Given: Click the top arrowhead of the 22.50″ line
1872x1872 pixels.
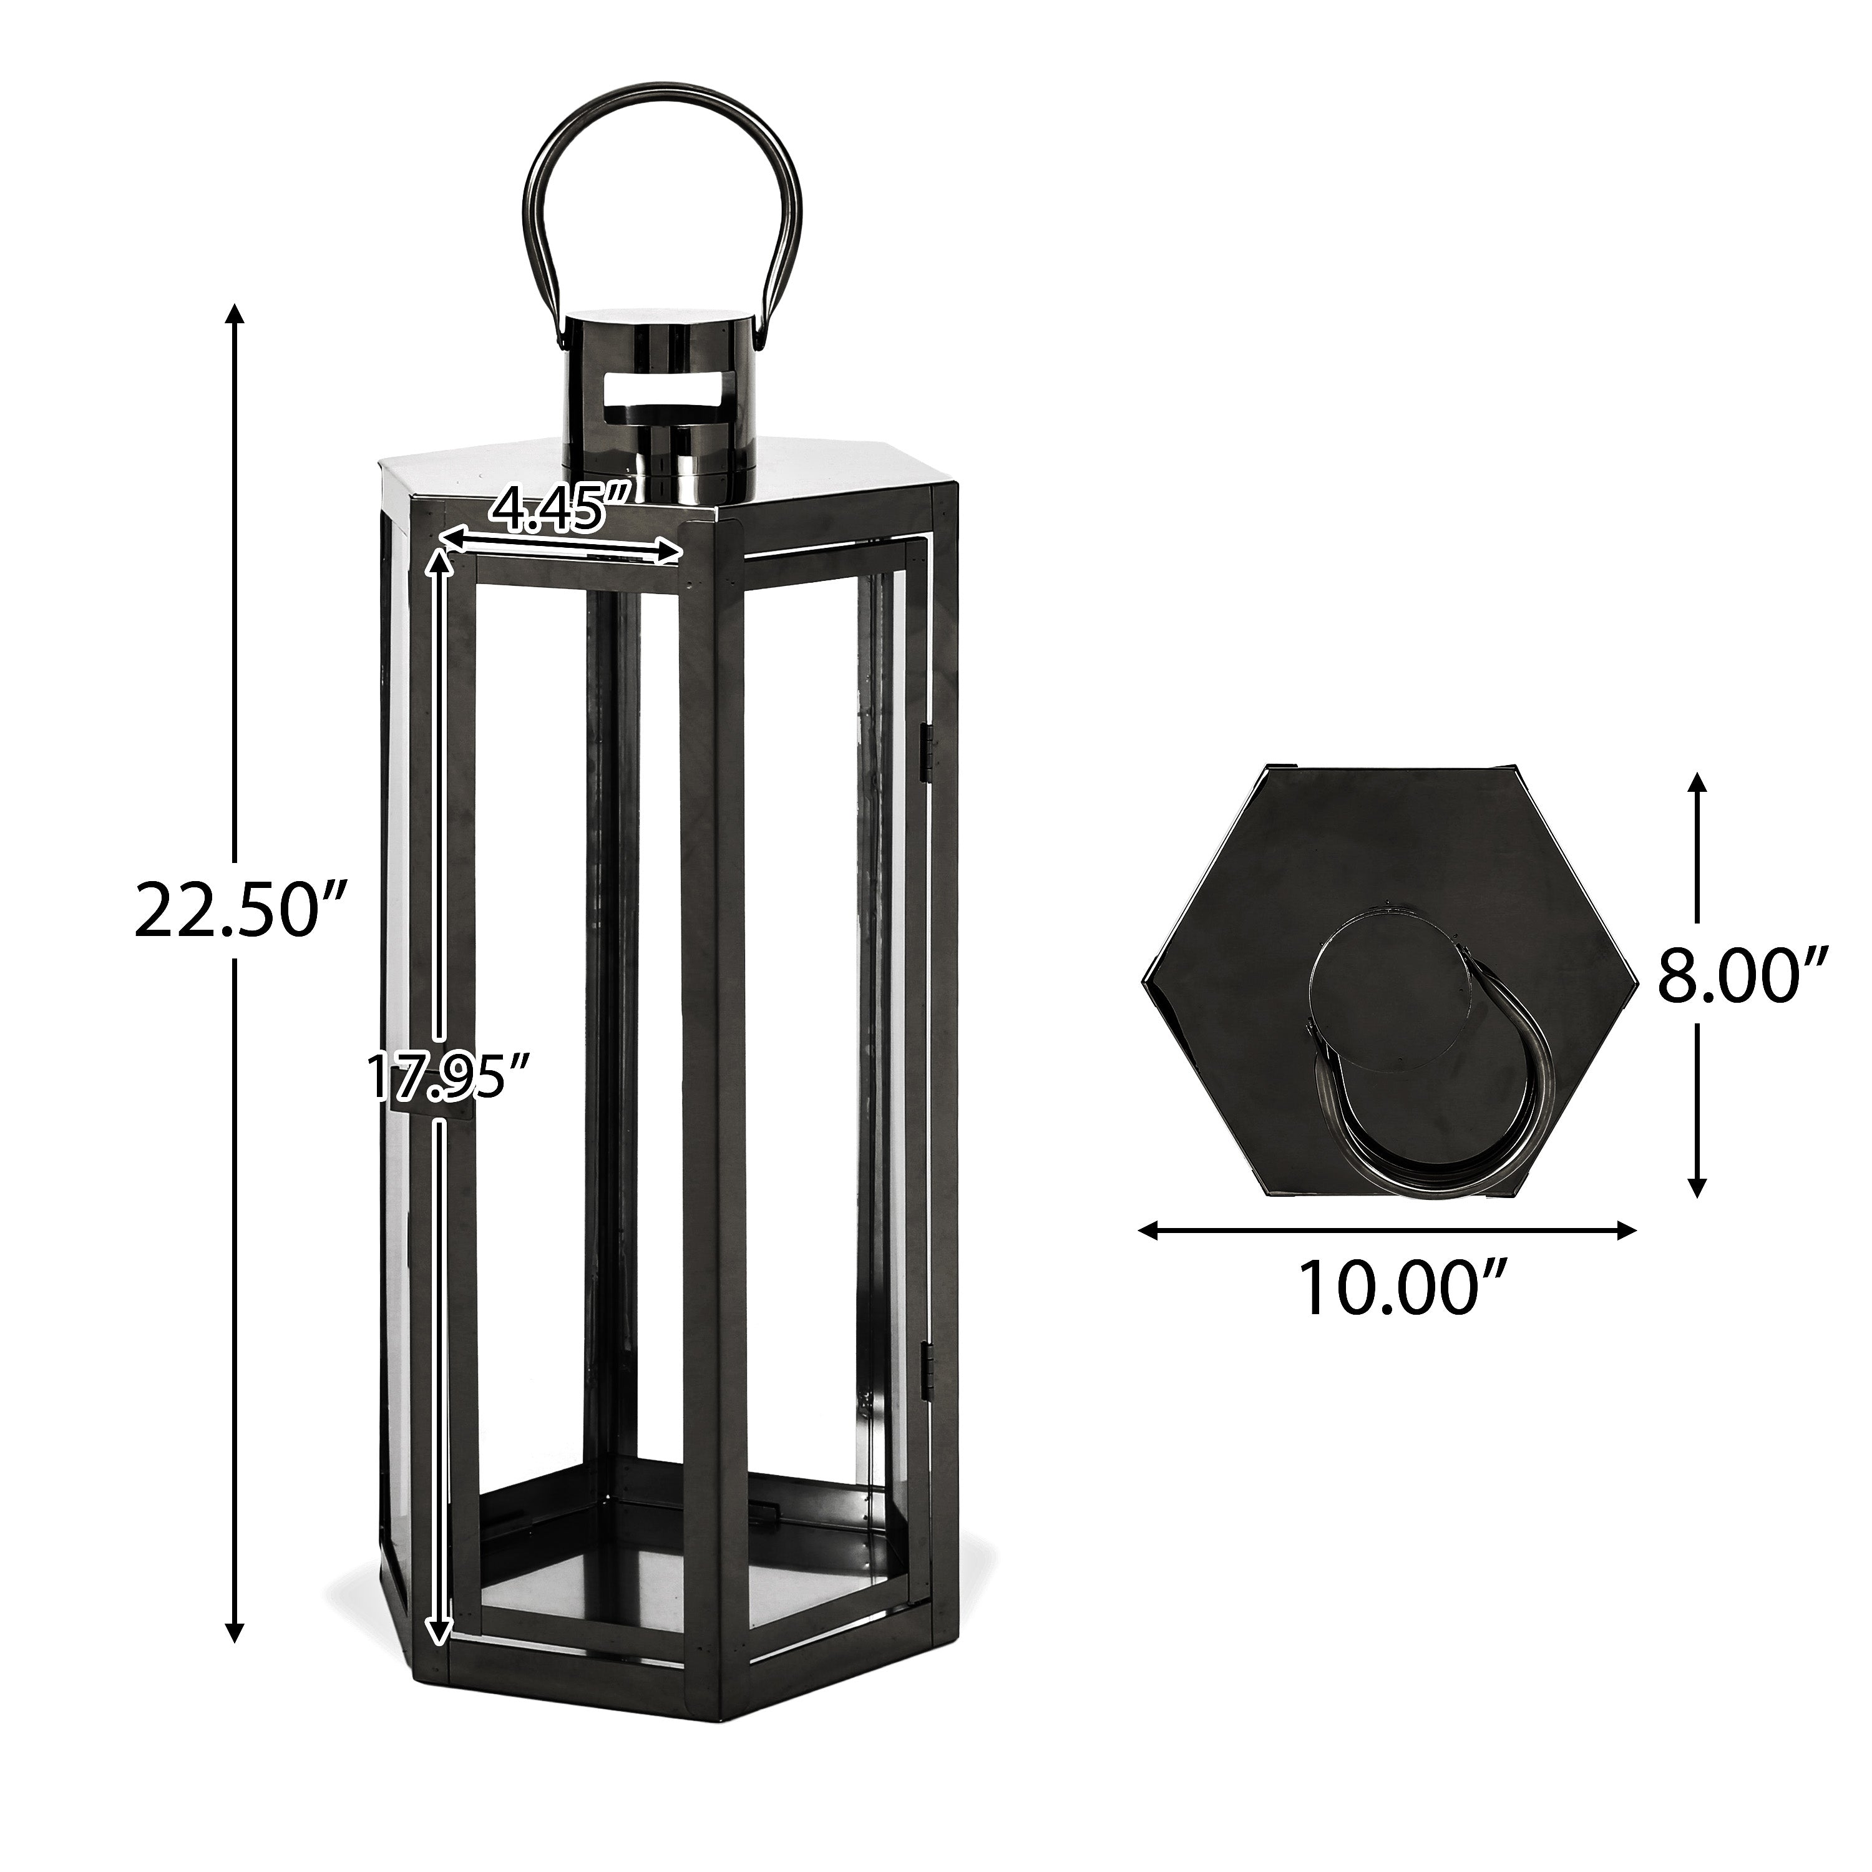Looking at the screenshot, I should click(233, 315).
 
